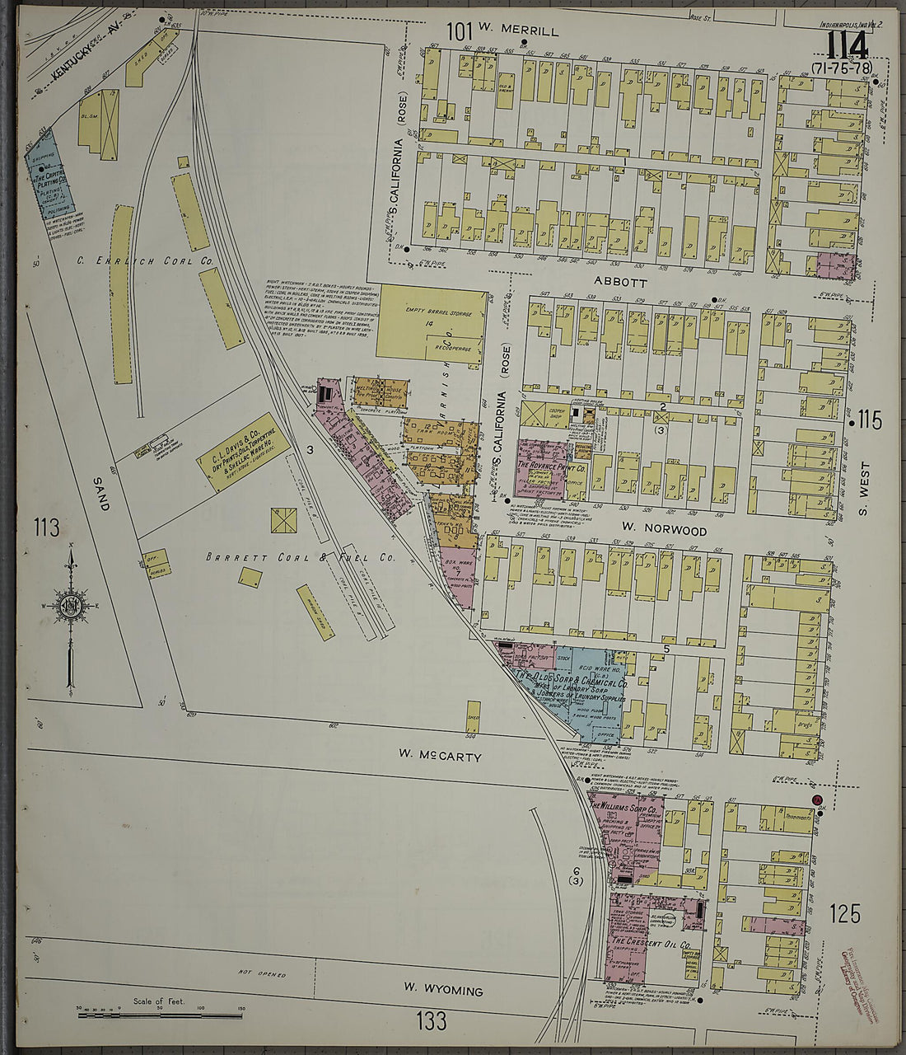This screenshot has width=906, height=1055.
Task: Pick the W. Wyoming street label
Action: point(442,990)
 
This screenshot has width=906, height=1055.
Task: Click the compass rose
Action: point(72,606)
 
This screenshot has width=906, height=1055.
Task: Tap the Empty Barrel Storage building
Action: point(432,322)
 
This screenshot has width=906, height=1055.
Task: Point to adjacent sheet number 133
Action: point(431,1021)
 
